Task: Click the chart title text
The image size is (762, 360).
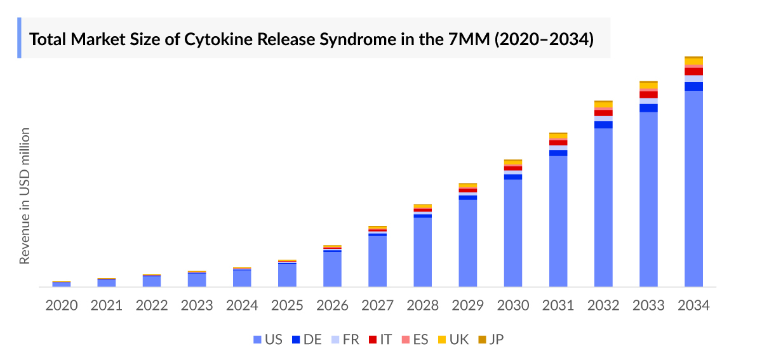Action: coord(312,39)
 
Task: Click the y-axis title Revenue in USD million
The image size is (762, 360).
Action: coord(25,196)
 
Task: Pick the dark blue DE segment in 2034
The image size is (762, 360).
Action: coord(693,86)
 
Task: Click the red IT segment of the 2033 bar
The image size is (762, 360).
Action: coord(648,95)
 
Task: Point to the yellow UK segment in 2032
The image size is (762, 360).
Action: coord(603,105)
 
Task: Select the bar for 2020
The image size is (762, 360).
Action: coord(62,284)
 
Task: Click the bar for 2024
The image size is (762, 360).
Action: coord(242,277)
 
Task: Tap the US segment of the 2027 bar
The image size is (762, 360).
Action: coord(378,261)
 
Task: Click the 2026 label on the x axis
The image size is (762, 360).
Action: coord(332,305)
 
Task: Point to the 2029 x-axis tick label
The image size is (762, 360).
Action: coord(468,305)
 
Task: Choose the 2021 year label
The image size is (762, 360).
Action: coord(107,305)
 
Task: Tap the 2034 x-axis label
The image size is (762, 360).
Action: coord(693,305)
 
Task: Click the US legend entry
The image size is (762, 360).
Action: coord(267,340)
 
